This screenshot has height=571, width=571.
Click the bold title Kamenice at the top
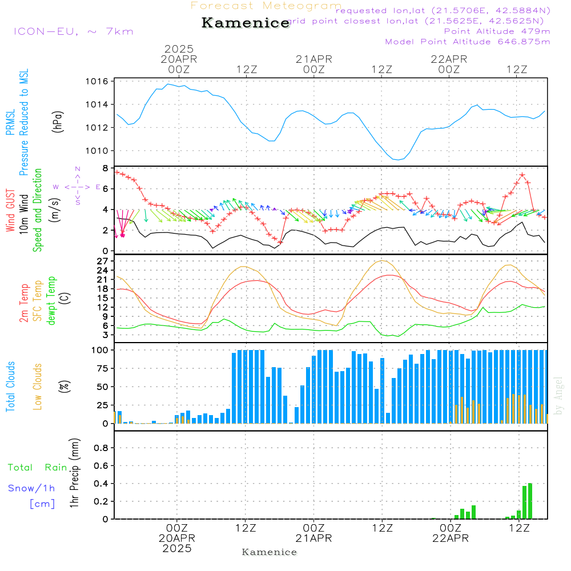pyautogui.click(x=246, y=23)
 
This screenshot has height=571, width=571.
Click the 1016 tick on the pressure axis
pyautogui.click(x=98, y=82)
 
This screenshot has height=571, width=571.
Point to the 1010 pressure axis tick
pyautogui.click(x=98, y=151)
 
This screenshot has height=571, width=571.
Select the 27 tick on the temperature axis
pyautogui.click(x=103, y=261)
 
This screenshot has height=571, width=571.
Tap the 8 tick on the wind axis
pyautogui.click(x=105, y=168)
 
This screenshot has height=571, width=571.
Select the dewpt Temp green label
pyautogui.click(x=52, y=300)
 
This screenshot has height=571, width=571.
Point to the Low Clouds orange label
pyautogui.click(x=38, y=386)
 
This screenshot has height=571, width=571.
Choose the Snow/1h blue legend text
pyautogui.click(x=31, y=488)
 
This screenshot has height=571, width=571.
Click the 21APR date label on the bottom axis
pyautogui.click(x=314, y=538)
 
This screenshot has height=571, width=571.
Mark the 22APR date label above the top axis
pyautogui.click(x=449, y=59)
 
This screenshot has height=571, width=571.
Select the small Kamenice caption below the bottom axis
pyautogui.click(x=270, y=552)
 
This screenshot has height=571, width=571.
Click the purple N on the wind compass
pyautogui.click(x=78, y=169)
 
